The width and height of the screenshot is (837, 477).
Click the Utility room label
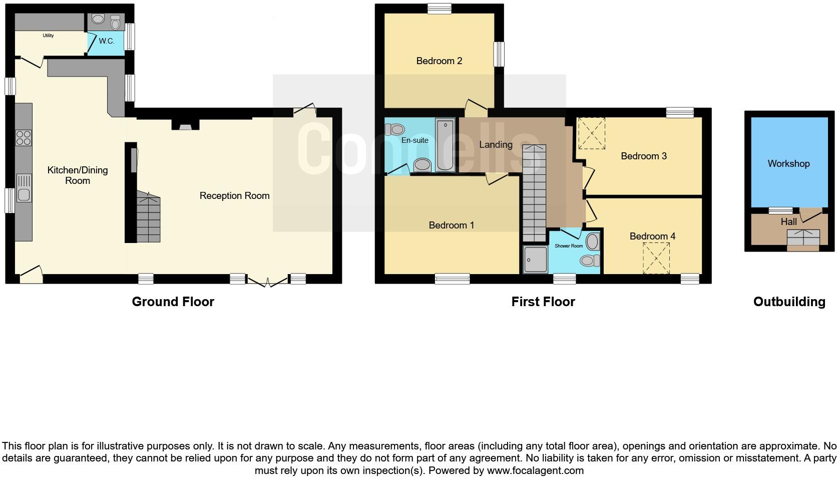click(48, 36)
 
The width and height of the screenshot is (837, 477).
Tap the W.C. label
click(106, 41)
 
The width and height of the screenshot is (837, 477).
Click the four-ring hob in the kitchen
click(24, 137)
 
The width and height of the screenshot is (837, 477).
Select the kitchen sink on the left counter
click(24, 187)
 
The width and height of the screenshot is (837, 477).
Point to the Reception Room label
click(234, 196)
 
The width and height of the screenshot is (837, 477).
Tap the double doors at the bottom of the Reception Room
click(268, 282)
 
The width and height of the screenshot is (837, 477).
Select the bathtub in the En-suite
click(445, 145)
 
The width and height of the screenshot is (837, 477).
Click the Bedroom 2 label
click(439, 61)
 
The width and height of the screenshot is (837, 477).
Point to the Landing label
click(496, 145)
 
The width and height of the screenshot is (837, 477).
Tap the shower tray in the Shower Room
click(535, 260)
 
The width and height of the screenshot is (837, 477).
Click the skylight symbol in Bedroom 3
click(591, 133)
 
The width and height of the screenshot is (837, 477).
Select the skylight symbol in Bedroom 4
click(656, 258)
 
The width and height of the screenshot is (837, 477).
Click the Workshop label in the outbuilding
click(788, 164)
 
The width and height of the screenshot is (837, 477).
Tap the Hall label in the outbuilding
click(788, 221)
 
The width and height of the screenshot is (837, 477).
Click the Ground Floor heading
click(173, 302)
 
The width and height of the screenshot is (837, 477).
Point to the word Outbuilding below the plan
click(789, 302)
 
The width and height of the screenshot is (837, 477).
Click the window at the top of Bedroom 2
click(440, 8)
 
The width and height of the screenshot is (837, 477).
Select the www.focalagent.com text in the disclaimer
click(535, 470)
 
